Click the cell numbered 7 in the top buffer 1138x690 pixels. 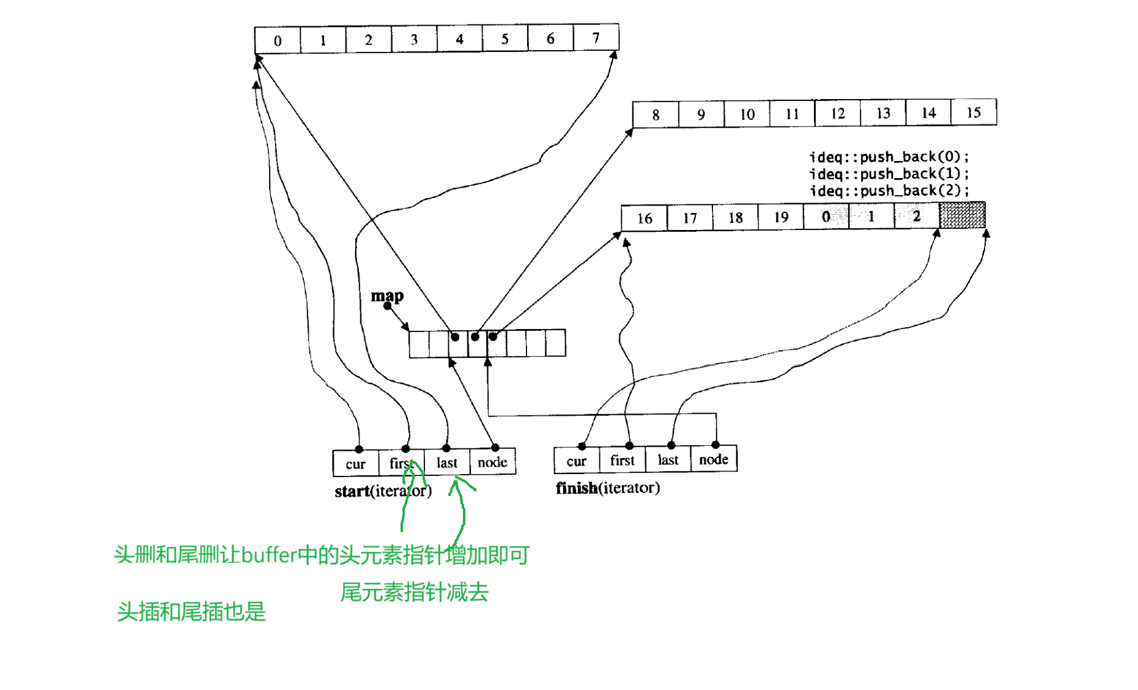tap(596, 38)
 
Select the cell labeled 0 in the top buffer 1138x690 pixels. tap(278, 40)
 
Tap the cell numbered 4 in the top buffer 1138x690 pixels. tap(459, 39)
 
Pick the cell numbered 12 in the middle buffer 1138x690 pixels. tap(837, 114)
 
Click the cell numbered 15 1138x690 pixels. tap(974, 113)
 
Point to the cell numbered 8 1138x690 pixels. tap(656, 114)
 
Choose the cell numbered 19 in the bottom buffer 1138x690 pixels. tap(781, 217)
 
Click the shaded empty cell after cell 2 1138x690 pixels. tap(962, 215)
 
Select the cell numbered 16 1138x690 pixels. tap(645, 218)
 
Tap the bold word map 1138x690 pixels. tap(387, 296)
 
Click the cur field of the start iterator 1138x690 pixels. tap(355, 464)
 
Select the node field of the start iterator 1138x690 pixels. tap(492, 462)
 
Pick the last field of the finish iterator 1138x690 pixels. tap(668, 460)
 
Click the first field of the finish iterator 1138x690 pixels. tap(622, 460)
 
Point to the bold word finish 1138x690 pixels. tap(576, 488)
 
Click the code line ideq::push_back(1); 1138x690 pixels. tap(889, 174)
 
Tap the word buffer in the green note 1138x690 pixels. tap(269, 555)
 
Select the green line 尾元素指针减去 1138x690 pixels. tap(414, 592)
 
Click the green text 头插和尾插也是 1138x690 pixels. tap(191, 612)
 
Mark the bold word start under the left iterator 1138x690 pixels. tap(352, 491)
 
